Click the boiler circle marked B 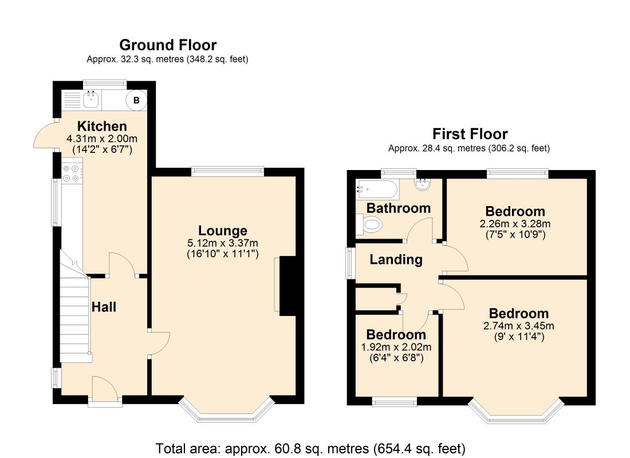[136, 100]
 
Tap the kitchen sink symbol [92, 99]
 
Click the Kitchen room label [102, 126]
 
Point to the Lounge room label [223, 231]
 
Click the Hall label [104, 307]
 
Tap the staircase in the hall [74, 311]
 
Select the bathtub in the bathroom [377, 189]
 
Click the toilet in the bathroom [369, 224]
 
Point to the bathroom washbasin [422, 184]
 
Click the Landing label [396, 259]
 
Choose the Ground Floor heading [168, 45]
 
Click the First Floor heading [470, 133]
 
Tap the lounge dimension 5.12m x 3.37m [223, 243]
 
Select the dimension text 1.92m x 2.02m [396, 347]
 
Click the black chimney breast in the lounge [288, 286]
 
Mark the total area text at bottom [310, 448]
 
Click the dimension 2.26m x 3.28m [515, 224]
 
